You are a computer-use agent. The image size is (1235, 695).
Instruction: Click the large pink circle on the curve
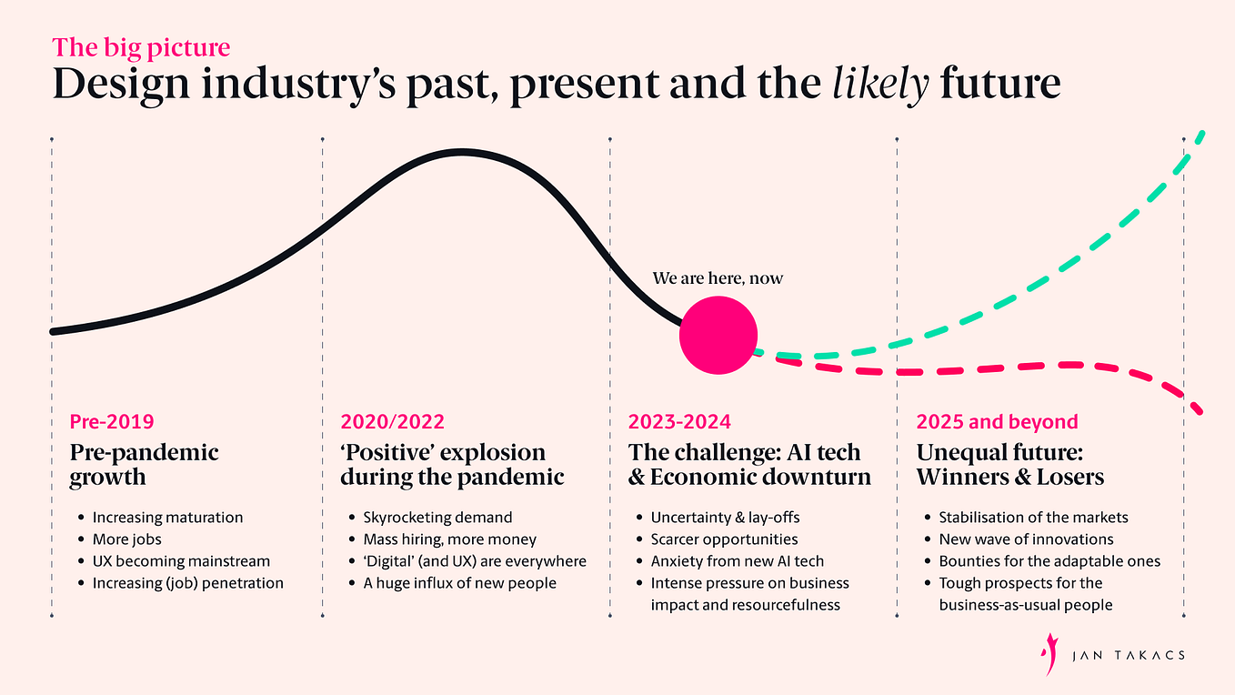718,336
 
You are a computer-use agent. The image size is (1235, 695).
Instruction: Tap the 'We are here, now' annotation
718,278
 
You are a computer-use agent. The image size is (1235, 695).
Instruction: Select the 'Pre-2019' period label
112,422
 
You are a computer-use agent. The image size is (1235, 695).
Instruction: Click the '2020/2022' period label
392,422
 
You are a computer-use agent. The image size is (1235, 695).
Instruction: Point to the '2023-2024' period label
679,422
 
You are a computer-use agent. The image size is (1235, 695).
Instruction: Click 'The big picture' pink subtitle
141,47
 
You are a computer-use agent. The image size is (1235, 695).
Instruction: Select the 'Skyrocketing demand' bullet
437,518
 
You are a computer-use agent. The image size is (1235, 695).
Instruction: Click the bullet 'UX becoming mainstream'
181,561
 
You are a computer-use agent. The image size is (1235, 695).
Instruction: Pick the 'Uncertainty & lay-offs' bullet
725,518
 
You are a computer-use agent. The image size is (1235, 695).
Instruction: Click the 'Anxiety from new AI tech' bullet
738,561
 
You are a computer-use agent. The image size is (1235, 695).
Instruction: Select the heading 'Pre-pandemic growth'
145,464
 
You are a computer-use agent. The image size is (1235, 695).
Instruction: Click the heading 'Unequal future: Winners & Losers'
1010,464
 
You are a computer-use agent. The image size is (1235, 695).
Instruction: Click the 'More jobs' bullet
126,539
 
